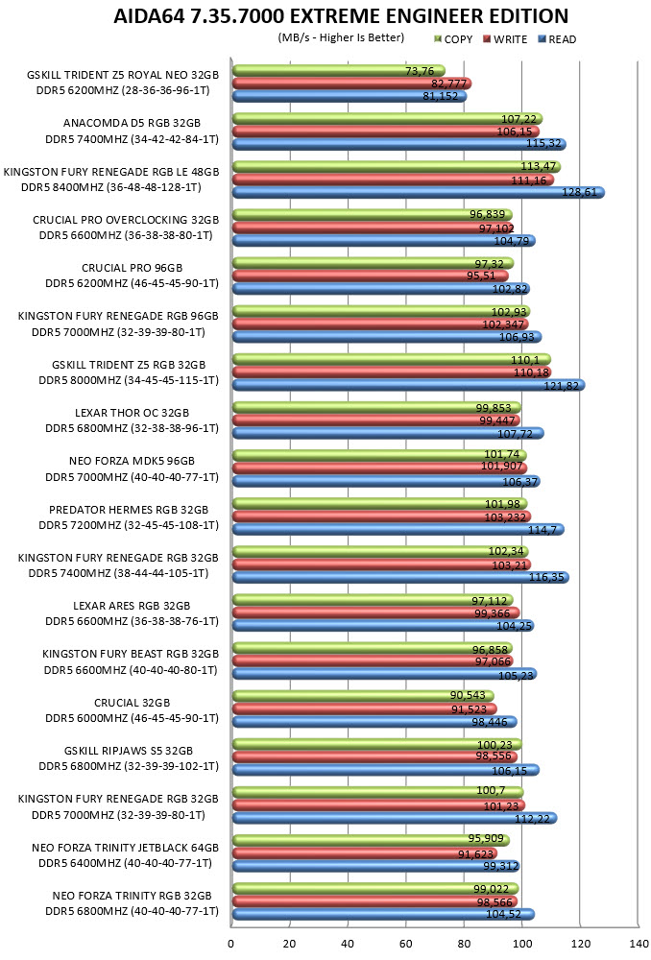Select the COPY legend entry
(x=453, y=39)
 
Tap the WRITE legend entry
(x=505, y=39)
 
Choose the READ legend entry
(x=557, y=39)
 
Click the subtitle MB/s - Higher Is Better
(x=341, y=38)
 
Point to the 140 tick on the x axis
(x=639, y=944)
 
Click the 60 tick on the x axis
(x=406, y=944)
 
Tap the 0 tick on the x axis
(x=230, y=944)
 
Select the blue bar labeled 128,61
(x=419, y=192)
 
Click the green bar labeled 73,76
(x=339, y=70)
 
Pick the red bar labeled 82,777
(x=351, y=84)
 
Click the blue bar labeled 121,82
(x=408, y=385)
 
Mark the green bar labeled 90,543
(x=363, y=696)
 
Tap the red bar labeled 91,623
(x=365, y=853)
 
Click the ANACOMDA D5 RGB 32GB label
(x=132, y=123)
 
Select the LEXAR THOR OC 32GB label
(x=132, y=413)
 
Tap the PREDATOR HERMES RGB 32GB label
(x=129, y=510)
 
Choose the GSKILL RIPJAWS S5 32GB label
(x=129, y=751)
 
